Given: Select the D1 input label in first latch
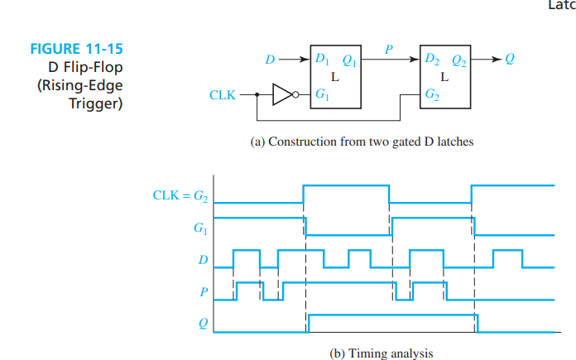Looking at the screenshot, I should [322, 60].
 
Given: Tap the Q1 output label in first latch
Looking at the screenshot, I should [349, 60].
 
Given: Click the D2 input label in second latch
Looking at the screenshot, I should [432, 60].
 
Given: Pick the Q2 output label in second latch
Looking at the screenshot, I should [458, 60].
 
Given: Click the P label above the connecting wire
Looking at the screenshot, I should [388, 49].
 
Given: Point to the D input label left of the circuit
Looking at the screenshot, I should [268, 60].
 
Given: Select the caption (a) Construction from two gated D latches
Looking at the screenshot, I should [362, 142].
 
